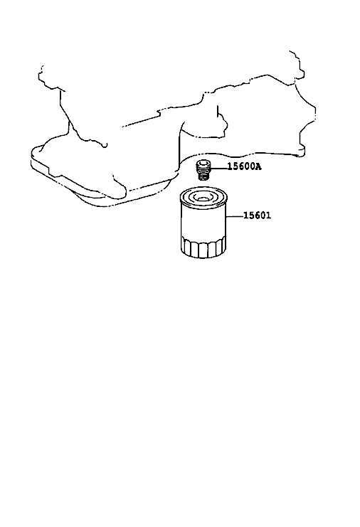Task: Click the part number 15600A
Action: pyautogui.click(x=244, y=166)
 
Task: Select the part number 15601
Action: pyautogui.click(x=257, y=215)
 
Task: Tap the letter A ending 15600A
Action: pyautogui.click(x=258, y=166)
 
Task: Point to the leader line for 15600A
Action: pyautogui.click(x=218, y=166)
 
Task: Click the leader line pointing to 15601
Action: pyautogui.click(x=235, y=216)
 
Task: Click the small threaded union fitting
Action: pyautogui.click(x=203, y=170)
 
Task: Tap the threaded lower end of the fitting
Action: pyautogui.click(x=202, y=176)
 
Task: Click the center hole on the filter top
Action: pyautogui.click(x=202, y=198)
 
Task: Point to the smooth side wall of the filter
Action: pyautogui.click(x=203, y=221)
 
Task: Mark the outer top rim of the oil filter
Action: pyautogui.click(x=203, y=198)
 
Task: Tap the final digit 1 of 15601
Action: pyautogui.click(x=268, y=215)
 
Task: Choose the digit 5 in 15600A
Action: pyautogui.click(x=236, y=166)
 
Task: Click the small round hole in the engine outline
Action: pyautogui.click(x=105, y=145)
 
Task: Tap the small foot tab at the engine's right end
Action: pyautogui.click(x=302, y=151)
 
